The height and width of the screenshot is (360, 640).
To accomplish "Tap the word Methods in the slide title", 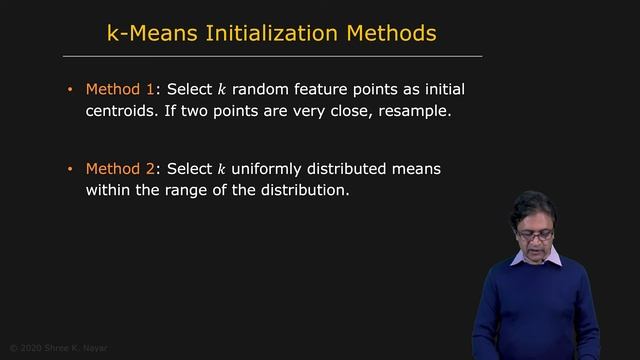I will (x=388, y=33).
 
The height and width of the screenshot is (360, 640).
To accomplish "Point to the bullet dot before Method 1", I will (x=70, y=90).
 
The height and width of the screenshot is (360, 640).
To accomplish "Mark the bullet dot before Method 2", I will (x=70, y=169).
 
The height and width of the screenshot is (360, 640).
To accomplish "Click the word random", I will (x=259, y=90).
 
